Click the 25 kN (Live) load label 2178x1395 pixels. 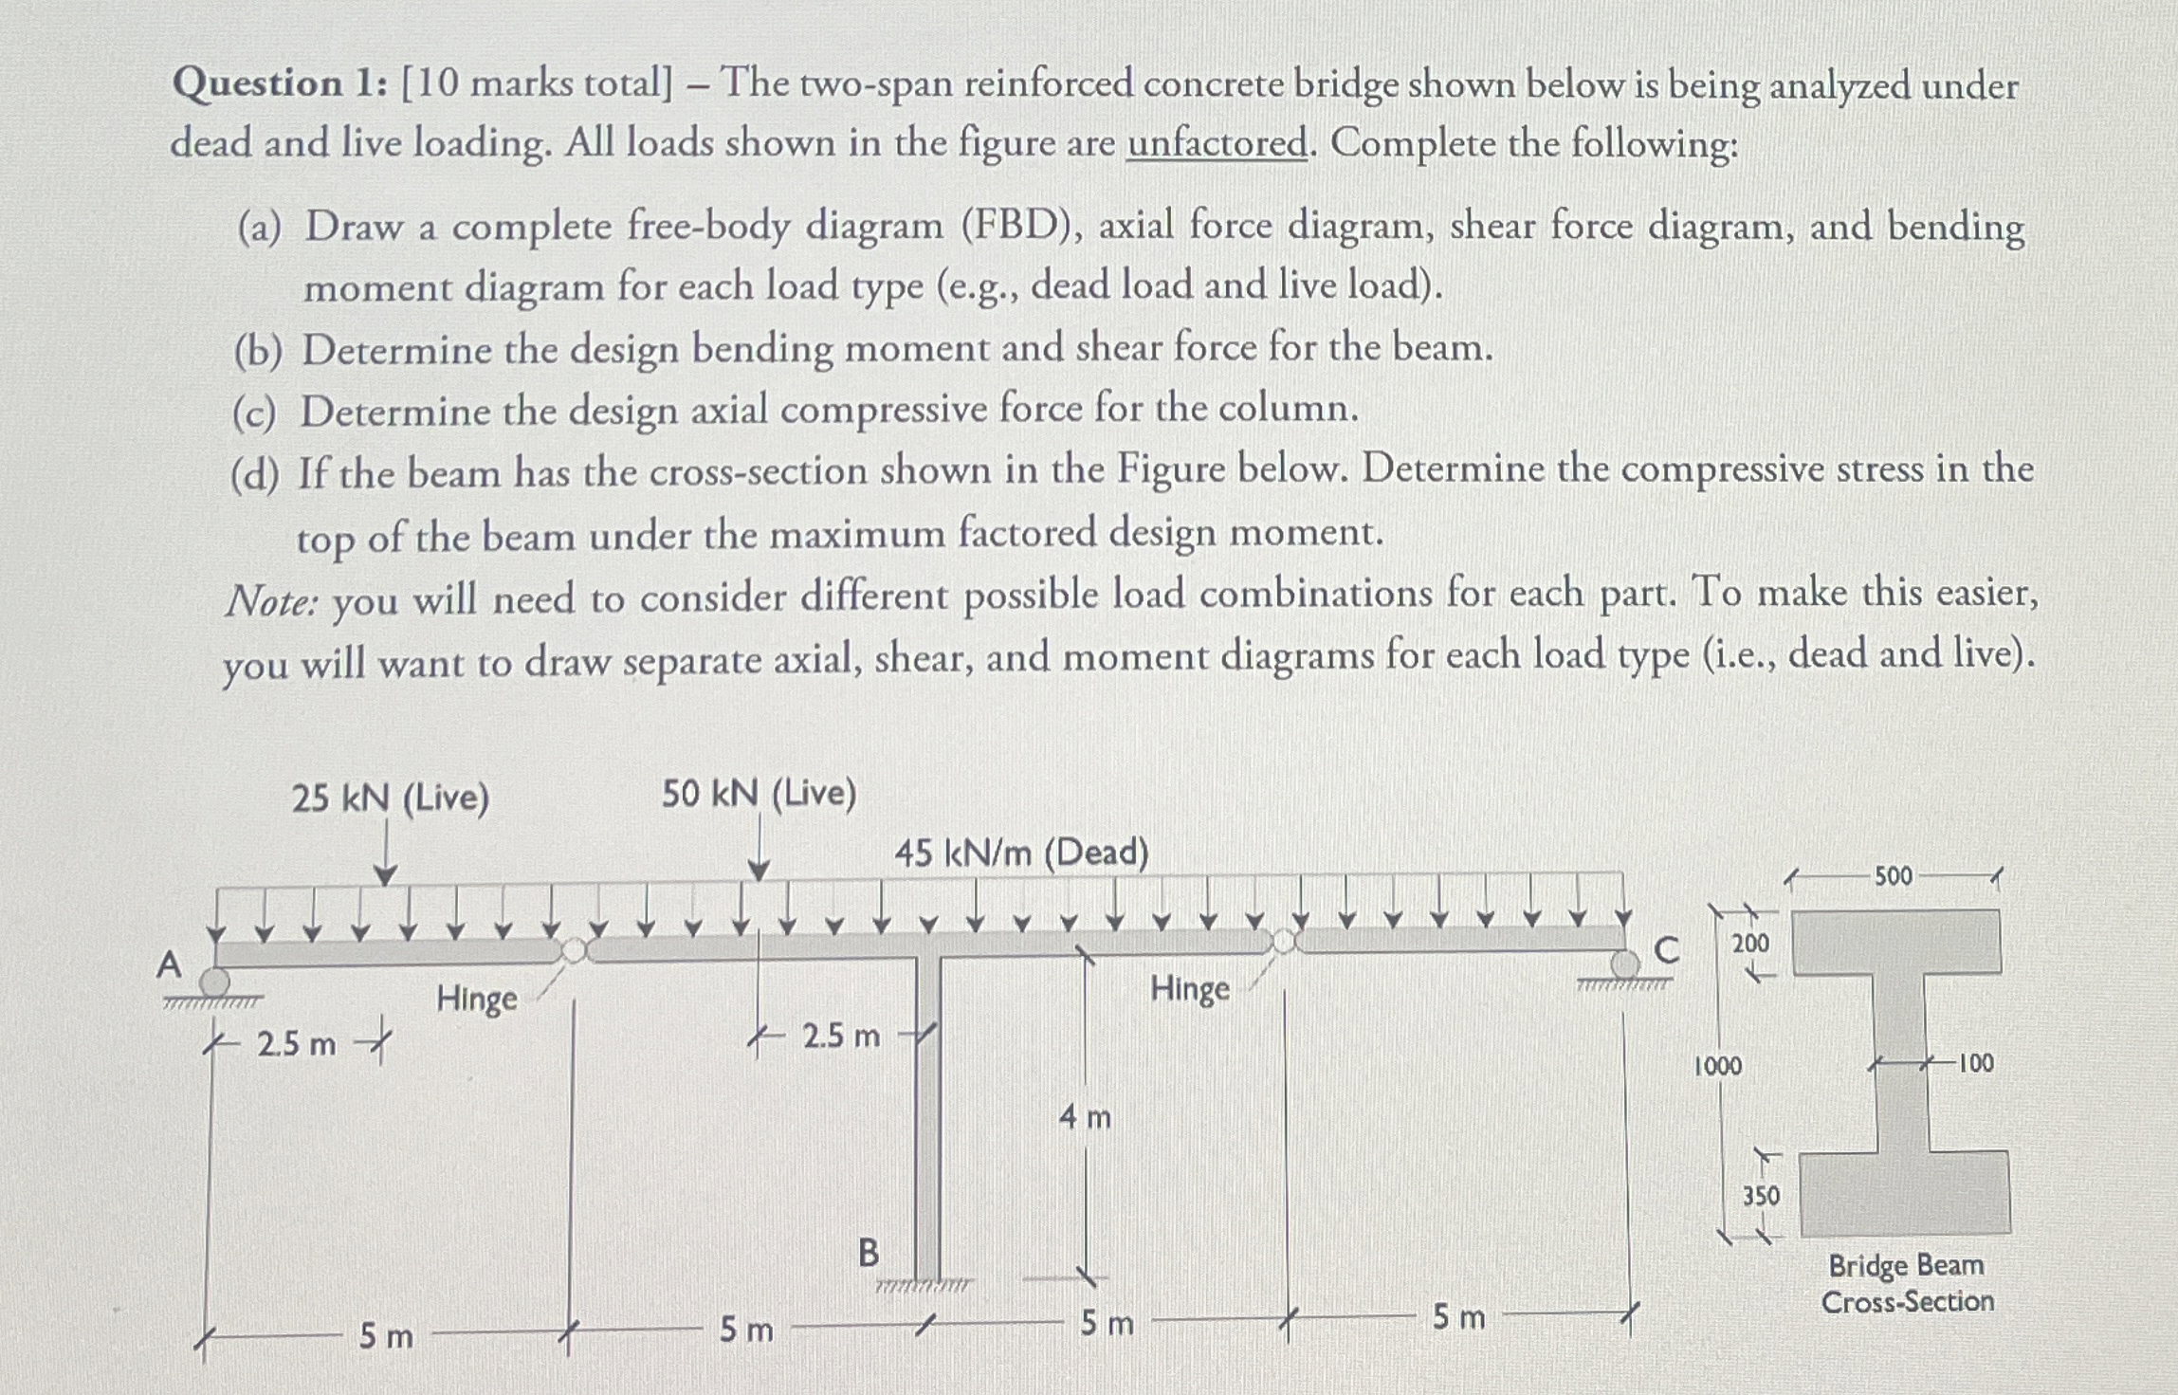[390, 798]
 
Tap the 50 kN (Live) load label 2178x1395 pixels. [759, 794]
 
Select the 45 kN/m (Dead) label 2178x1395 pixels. [1021, 854]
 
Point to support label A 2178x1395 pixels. [169, 965]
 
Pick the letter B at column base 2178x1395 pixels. [868, 1253]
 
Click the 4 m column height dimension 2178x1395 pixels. [1085, 1118]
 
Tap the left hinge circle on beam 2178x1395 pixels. [575, 949]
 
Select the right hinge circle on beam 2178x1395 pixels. [1284, 941]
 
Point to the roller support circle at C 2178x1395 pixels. [1625, 965]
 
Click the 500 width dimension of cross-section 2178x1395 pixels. [1893, 876]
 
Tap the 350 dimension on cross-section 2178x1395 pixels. [1761, 1196]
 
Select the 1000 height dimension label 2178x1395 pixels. [1718, 1066]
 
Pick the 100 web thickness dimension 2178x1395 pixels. [1975, 1063]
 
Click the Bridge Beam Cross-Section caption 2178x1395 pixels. [1907, 1283]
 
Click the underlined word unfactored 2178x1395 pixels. [1217, 144]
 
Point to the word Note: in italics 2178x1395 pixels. [271, 601]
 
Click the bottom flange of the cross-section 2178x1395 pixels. [1905, 1193]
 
